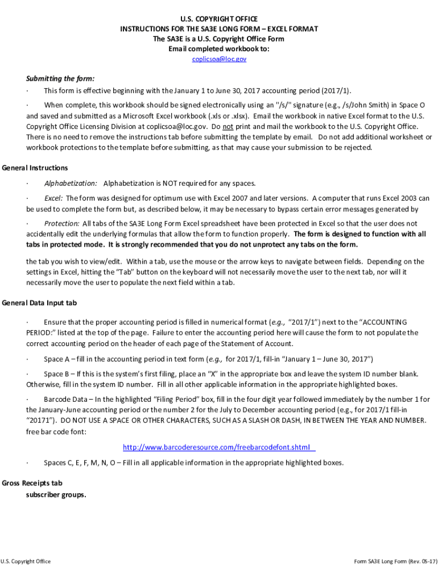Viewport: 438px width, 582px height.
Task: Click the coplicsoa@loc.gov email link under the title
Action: (219, 59)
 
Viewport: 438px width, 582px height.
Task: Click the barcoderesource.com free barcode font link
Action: (219, 447)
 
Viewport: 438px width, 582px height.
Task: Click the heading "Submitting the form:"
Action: (60, 78)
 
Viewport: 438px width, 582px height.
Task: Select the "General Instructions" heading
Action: (35, 168)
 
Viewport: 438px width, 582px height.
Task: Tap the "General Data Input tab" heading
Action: (39, 303)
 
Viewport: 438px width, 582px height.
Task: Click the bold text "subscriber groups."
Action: (56, 494)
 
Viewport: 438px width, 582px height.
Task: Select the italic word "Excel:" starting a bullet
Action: (53, 198)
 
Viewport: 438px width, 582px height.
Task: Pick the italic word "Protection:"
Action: (61, 223)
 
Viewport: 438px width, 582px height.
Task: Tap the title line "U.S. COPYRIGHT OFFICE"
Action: (219, 19)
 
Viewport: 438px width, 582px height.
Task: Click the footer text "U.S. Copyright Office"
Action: (26, 562)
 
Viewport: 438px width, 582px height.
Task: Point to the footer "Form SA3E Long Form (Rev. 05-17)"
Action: (396, 562)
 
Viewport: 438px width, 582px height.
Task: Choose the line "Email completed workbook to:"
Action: (219, 49)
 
